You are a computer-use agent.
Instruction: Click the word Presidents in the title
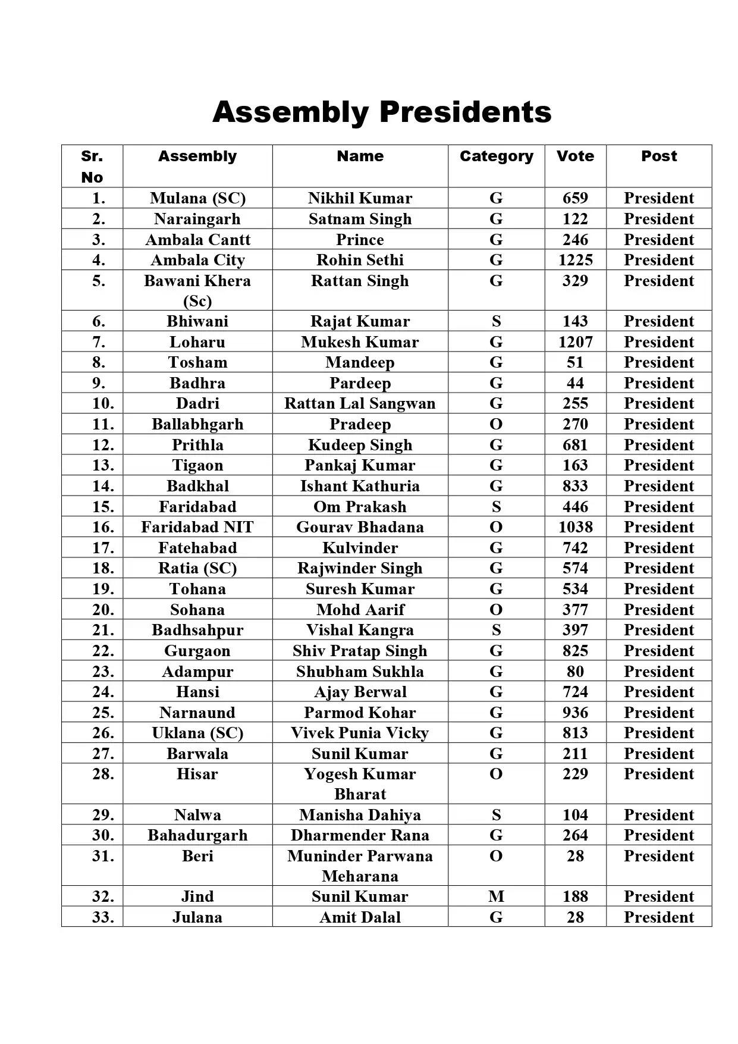tap(466, 112)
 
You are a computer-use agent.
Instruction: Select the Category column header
tap(496, 156)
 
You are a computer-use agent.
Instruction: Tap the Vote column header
tap(575, 156)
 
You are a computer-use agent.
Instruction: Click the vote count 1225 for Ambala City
tap(575, 260)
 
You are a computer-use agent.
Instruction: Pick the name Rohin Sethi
tap(360, 260)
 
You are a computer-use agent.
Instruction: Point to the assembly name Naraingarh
tap(197, 219)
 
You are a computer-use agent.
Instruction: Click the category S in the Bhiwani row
tap(496, 321)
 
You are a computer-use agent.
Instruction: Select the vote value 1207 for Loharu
tap(575, 342)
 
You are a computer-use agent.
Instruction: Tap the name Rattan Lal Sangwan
tap(360, 403)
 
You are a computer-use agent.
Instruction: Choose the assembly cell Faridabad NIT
tap(197, 527)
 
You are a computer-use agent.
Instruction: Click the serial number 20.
tap(103, 610)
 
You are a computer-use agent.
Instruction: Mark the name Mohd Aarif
tap(360, 610)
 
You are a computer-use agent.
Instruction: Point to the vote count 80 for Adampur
tap(575, 672)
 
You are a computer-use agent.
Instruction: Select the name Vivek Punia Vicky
tap(360, 733)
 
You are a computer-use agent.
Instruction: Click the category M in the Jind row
tap(496, 896)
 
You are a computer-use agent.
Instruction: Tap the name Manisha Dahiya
tap(360, 815)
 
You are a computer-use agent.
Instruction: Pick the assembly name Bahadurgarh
tap(197, 835)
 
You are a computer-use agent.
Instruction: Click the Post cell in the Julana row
tap(658, 917)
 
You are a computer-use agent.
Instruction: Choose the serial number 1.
tap(99, 198)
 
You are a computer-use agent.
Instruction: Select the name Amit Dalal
tap(360, 917)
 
